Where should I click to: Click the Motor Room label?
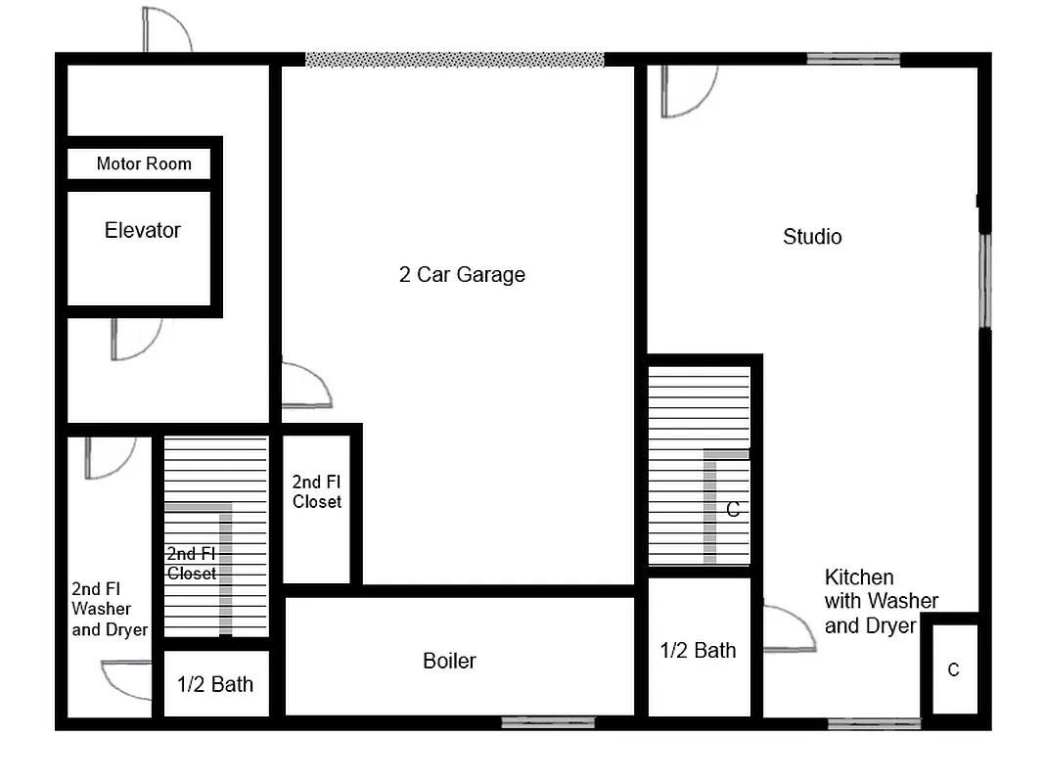[x=144, y=163]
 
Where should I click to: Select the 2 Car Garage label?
[x=462, y=275]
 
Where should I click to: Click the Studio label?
[x=812, y=237]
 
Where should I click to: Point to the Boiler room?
[x=449, y=661]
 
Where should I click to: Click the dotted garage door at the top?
[x=454, y=60]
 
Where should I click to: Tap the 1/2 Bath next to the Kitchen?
[x=699, y=651]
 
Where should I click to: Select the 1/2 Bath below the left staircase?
[x=215, y=684]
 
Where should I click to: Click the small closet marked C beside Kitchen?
[x=953, y=669]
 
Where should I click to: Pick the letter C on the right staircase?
[x=732, y=510]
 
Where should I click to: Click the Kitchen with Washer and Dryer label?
[x=881, y=601]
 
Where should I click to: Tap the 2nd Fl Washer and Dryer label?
[x=109, y=609]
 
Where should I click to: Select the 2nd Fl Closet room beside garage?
[x=317, y=509]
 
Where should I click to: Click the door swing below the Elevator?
[x=134, y=338]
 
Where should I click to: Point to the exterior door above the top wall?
[x=165, y=30]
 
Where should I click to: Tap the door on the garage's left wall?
[x=305, y=386]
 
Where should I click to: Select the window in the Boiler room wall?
[x=548, y=722]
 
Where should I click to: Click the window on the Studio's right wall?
[x=984, y=280]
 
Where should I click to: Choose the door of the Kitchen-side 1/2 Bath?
[x=788, y=629]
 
